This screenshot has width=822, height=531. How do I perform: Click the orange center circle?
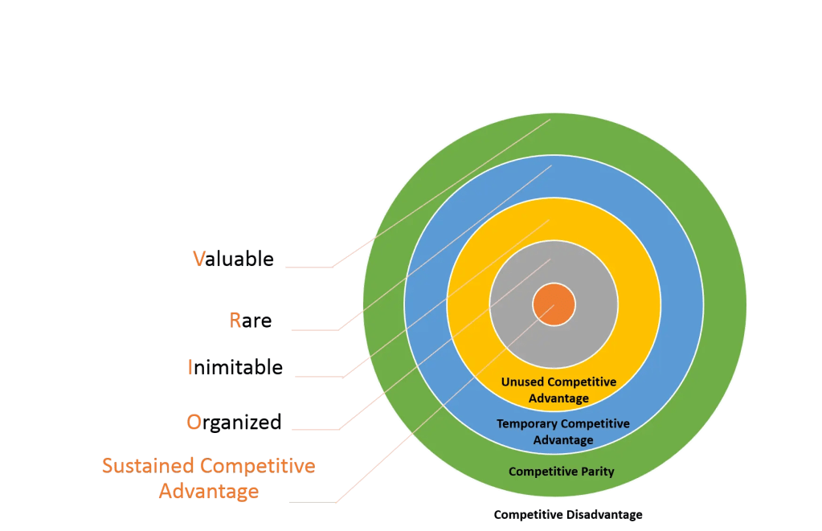click(554, 305)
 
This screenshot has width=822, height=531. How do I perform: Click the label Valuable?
click(233, 259)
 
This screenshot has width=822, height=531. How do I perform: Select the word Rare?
click(251, 321)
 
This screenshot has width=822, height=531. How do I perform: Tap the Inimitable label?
click(235, 368)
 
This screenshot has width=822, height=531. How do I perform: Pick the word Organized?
click(234, 422)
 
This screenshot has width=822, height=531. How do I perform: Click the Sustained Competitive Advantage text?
click(208, 478)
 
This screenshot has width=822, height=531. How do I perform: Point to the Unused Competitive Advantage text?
click(558, 390)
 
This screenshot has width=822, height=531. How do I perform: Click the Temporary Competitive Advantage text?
click(562, 431)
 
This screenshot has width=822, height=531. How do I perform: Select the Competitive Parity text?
click(561, 472)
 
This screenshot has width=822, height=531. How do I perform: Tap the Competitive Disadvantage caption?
click(567, 514)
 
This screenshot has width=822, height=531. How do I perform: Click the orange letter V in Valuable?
click(198, 259)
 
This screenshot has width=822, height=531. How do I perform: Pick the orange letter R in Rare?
click(235, 321)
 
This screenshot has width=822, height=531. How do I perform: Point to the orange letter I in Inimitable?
click(190, 368)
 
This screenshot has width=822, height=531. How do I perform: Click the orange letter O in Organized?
click(194, 422)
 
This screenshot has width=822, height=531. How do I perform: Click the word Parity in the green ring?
click(596, 472)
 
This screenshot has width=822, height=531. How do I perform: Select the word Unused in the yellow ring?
click(521, 382)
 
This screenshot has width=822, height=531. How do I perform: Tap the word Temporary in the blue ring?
click(526, 423)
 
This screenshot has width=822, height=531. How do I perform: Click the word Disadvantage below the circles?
click(607, 514)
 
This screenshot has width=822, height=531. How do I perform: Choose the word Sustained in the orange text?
click(149, 466)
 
